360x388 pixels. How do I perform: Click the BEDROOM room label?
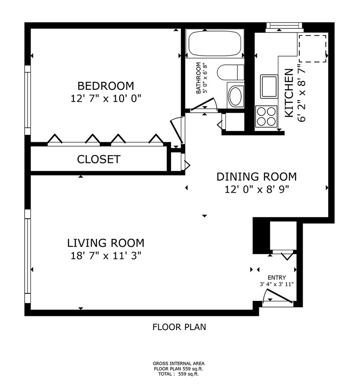(x=106, y=86)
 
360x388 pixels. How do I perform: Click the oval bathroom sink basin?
(x=235, y=96)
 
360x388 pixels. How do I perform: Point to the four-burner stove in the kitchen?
(x=266, y=116)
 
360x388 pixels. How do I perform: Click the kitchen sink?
(x=269, y=86)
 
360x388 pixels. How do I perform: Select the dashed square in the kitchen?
(x=313, y=48)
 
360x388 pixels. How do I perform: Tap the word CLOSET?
(x=99, y=159)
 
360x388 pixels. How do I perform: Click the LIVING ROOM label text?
(x=106, y=243)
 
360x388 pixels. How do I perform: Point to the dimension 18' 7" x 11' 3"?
(x=106, y=256)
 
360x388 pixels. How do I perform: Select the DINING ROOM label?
(x=257, y=177)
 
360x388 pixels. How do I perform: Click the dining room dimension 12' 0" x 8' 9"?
(x=257, y=189)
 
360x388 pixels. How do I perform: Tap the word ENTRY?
(x=277, y=277)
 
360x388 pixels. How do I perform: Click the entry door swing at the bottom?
(x=278, y=296)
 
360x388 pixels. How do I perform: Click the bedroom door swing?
(x=177, y=131)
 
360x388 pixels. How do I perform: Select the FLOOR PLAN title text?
(x=179, y=327)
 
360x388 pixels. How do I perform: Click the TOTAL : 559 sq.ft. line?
(x=179, y=374)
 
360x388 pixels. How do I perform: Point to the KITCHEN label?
(x=289, y=93)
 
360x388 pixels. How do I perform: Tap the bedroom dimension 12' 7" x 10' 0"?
(x=106, y=99)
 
